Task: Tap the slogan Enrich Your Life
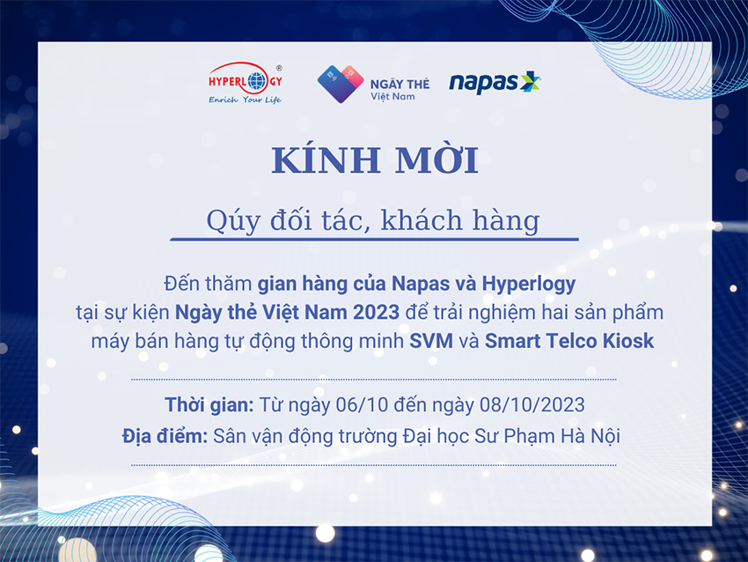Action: pos(245,100)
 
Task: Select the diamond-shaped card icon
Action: pos(341,84)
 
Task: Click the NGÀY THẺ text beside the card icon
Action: pos(400,84)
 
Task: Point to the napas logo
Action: pos(495,83)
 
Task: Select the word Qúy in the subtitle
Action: pos(233,221)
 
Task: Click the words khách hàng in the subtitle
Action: pos(460,220)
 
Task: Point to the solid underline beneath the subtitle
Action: pos(375,239)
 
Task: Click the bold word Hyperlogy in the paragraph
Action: pos(529,285)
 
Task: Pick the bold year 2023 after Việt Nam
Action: pos(377,313)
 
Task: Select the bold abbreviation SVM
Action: pos(431,341)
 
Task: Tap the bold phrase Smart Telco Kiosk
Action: pos(569,341)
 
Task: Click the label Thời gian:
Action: pos(209,405)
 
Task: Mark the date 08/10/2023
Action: pos(532,405)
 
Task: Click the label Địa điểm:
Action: pos(165,436)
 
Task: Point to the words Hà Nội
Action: pos(590,436)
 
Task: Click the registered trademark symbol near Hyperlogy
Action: pos(279,68)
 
